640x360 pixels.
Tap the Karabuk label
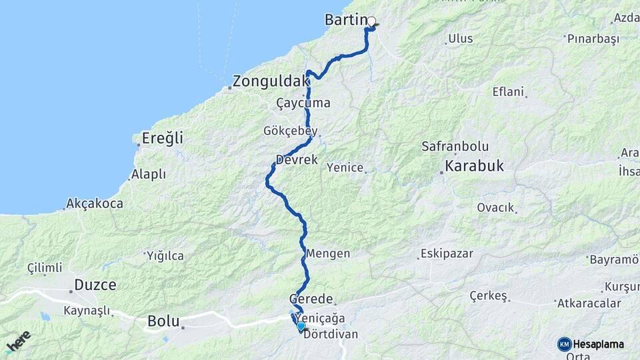(474, 166)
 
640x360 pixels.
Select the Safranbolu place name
(455, 146)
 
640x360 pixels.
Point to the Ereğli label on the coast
(162, 139)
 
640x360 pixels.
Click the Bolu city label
(164, 321)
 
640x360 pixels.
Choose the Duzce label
(95, 285)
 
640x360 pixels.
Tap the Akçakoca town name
(94, 203)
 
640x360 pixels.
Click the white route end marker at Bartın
(371, 21)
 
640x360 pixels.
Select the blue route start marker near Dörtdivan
(301, 326)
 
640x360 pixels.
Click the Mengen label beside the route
(328, 254)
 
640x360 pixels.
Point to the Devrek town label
(297, 160)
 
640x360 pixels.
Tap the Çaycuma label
(303, 103)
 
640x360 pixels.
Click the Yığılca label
(165, 255)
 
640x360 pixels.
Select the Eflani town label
(508, 92)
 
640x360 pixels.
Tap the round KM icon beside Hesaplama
(564, 344)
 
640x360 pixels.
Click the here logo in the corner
(18, 341)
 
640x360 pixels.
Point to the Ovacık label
(495, 207)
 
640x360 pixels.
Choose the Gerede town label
(310, 298)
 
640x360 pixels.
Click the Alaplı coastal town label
(148, 174)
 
